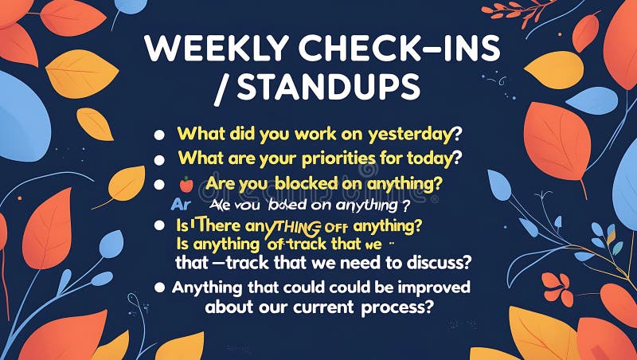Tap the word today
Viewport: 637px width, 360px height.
pyautogui.click(x=433, y=158)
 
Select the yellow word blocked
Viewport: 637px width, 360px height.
pyautogui.click(x=307, y=183)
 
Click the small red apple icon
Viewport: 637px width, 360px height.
pyautogui.click(x=186, y=184)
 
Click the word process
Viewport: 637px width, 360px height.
pyautogui.click(x=397, y=307)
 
